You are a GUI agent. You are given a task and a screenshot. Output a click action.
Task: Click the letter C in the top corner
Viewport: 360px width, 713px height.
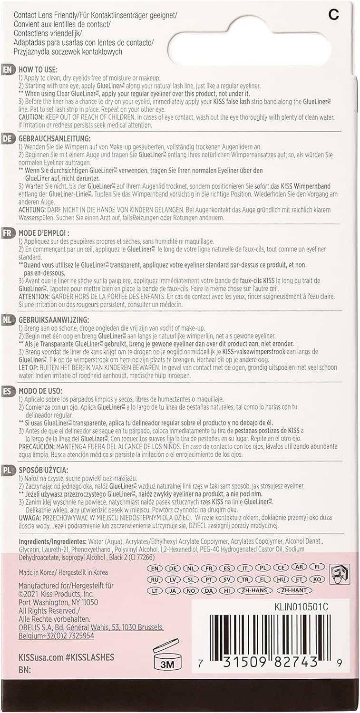pyautogui.click(x=334, y=15)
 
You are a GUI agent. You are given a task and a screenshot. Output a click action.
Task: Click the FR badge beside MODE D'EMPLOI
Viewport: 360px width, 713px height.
pyautogui.click(x=8, y=233)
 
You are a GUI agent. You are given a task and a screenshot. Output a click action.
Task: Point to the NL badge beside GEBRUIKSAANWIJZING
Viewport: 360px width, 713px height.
pyautogui.click(x=8, y=320)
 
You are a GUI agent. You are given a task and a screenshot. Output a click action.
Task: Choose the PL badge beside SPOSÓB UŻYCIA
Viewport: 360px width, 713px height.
pyautogui.click(x=8, y=471)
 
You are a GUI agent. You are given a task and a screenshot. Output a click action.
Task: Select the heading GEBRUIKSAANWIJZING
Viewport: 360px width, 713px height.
pyautogui.click(x=53, y=320)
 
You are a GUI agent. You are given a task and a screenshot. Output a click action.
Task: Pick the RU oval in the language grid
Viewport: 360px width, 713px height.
pyautogui.click(x=154, y=579)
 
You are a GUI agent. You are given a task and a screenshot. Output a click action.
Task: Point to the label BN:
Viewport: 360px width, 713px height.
pyautogui.click(x=24, y=669)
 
